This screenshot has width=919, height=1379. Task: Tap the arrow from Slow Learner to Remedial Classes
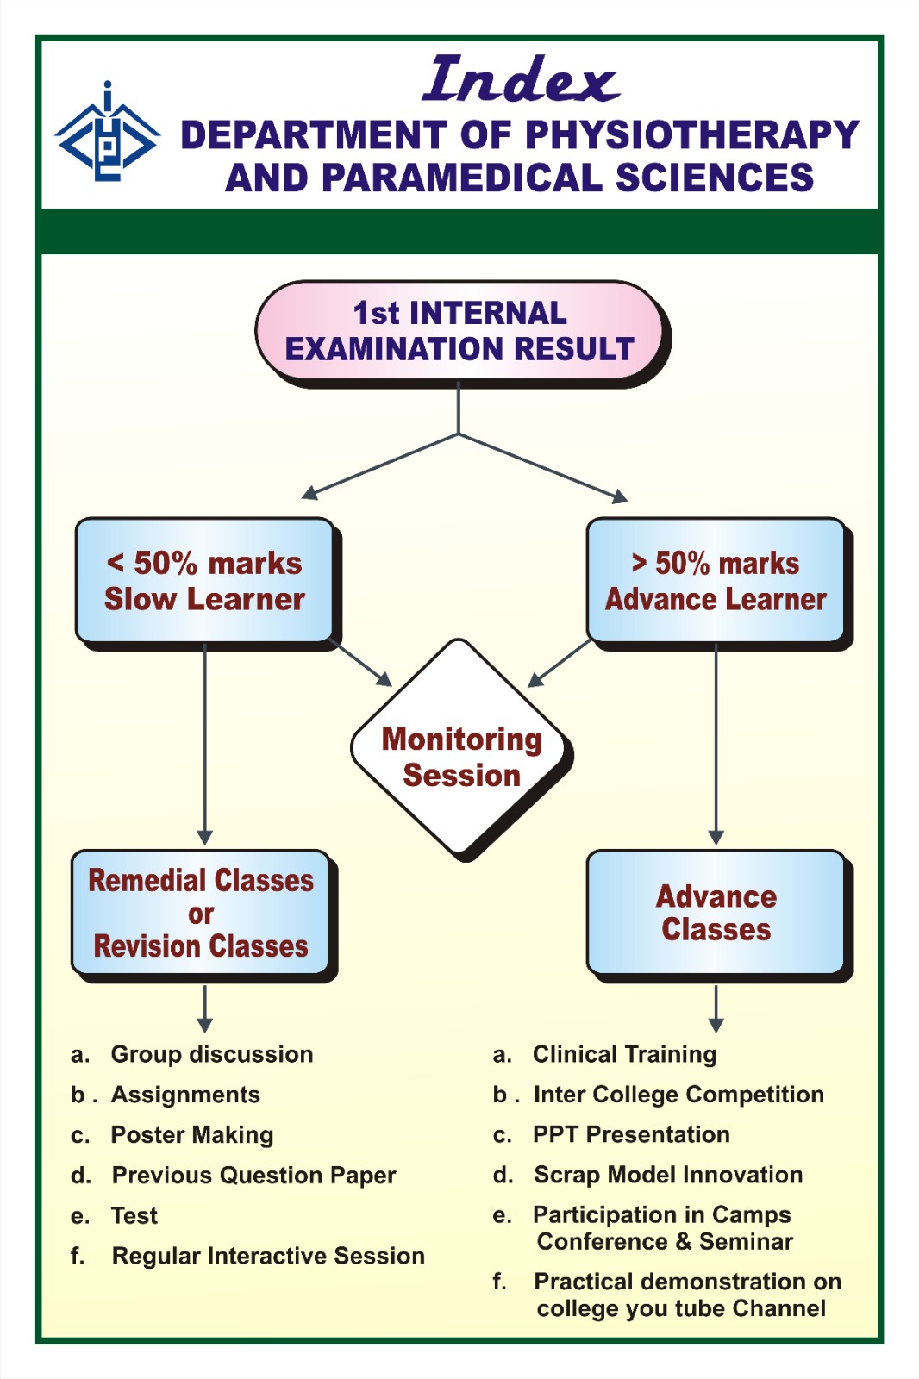tap(204, 745)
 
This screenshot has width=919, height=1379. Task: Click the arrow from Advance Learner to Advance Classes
tap(716, 745)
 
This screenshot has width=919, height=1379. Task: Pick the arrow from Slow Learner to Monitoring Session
tap(361, 663)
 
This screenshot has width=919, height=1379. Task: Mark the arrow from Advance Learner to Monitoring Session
tap(560, 663)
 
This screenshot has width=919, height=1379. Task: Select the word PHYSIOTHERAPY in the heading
tap(692, 134)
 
